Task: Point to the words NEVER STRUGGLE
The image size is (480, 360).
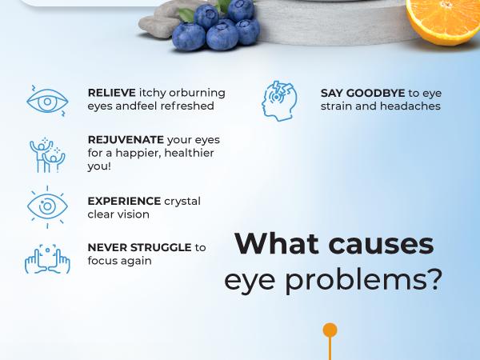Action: (139, 247)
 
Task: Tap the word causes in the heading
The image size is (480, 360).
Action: (388, 243)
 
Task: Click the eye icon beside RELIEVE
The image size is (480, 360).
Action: (47, 99)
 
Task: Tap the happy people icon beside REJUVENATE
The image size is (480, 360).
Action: (47, 152)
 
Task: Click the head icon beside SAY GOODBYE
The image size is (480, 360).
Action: (279, 99)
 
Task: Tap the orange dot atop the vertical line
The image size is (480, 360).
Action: (330, 330)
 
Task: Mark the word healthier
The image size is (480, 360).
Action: (190, 152)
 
